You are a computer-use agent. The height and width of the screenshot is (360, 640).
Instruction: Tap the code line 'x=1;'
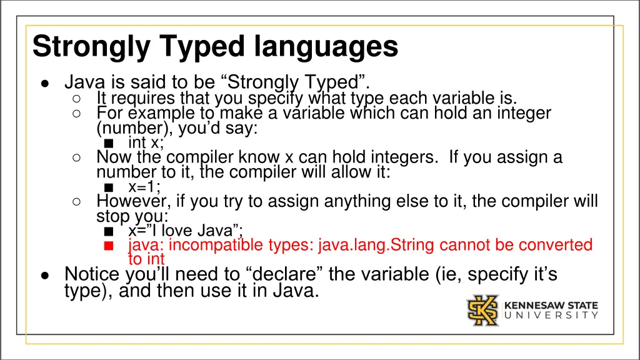[x=144, y=186]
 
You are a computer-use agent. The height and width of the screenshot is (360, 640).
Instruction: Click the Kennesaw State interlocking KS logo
[x=482, y=311]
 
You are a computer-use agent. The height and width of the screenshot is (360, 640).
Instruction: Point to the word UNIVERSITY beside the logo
[x=551, y=316]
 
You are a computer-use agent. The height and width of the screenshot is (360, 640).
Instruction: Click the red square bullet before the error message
[x=108, y=246]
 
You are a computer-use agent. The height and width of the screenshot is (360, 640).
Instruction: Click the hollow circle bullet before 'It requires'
[x=75, y=99]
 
